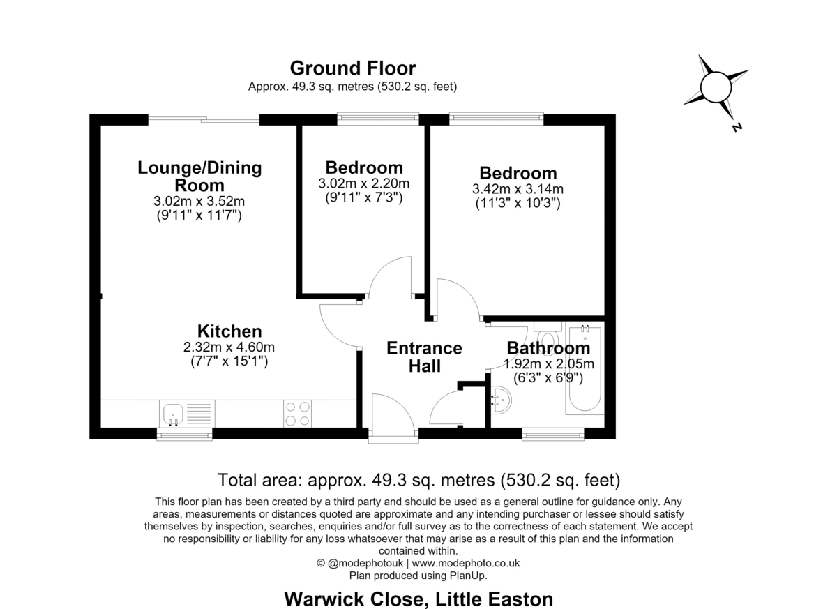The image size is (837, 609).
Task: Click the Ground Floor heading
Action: (353, 68)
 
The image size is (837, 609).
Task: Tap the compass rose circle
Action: (716, 87)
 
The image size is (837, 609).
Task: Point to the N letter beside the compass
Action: (737, 127)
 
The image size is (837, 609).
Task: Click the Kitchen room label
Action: (229, 331)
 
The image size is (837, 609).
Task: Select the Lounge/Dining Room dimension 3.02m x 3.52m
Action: (199, 202)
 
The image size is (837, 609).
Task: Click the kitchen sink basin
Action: (173, 414)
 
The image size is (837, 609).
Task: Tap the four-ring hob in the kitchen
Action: (297, 414)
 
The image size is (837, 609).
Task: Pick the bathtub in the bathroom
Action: (585, 369)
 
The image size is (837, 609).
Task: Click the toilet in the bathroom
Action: (548, 334)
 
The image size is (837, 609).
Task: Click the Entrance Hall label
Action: (425, 357)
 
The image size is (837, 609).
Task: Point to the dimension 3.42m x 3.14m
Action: (518, 189)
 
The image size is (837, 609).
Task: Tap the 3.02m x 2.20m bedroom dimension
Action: (364, 183)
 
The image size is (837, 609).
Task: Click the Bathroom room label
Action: (548, 348)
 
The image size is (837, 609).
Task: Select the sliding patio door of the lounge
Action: (204, 119)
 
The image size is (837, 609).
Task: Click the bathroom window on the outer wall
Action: (553, 434)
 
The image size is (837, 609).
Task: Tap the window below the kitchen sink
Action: (184, 434)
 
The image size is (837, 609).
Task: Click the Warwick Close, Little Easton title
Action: (418, 599)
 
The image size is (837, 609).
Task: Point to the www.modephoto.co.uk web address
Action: (466, 563)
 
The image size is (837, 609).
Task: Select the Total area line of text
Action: (419, 480)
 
